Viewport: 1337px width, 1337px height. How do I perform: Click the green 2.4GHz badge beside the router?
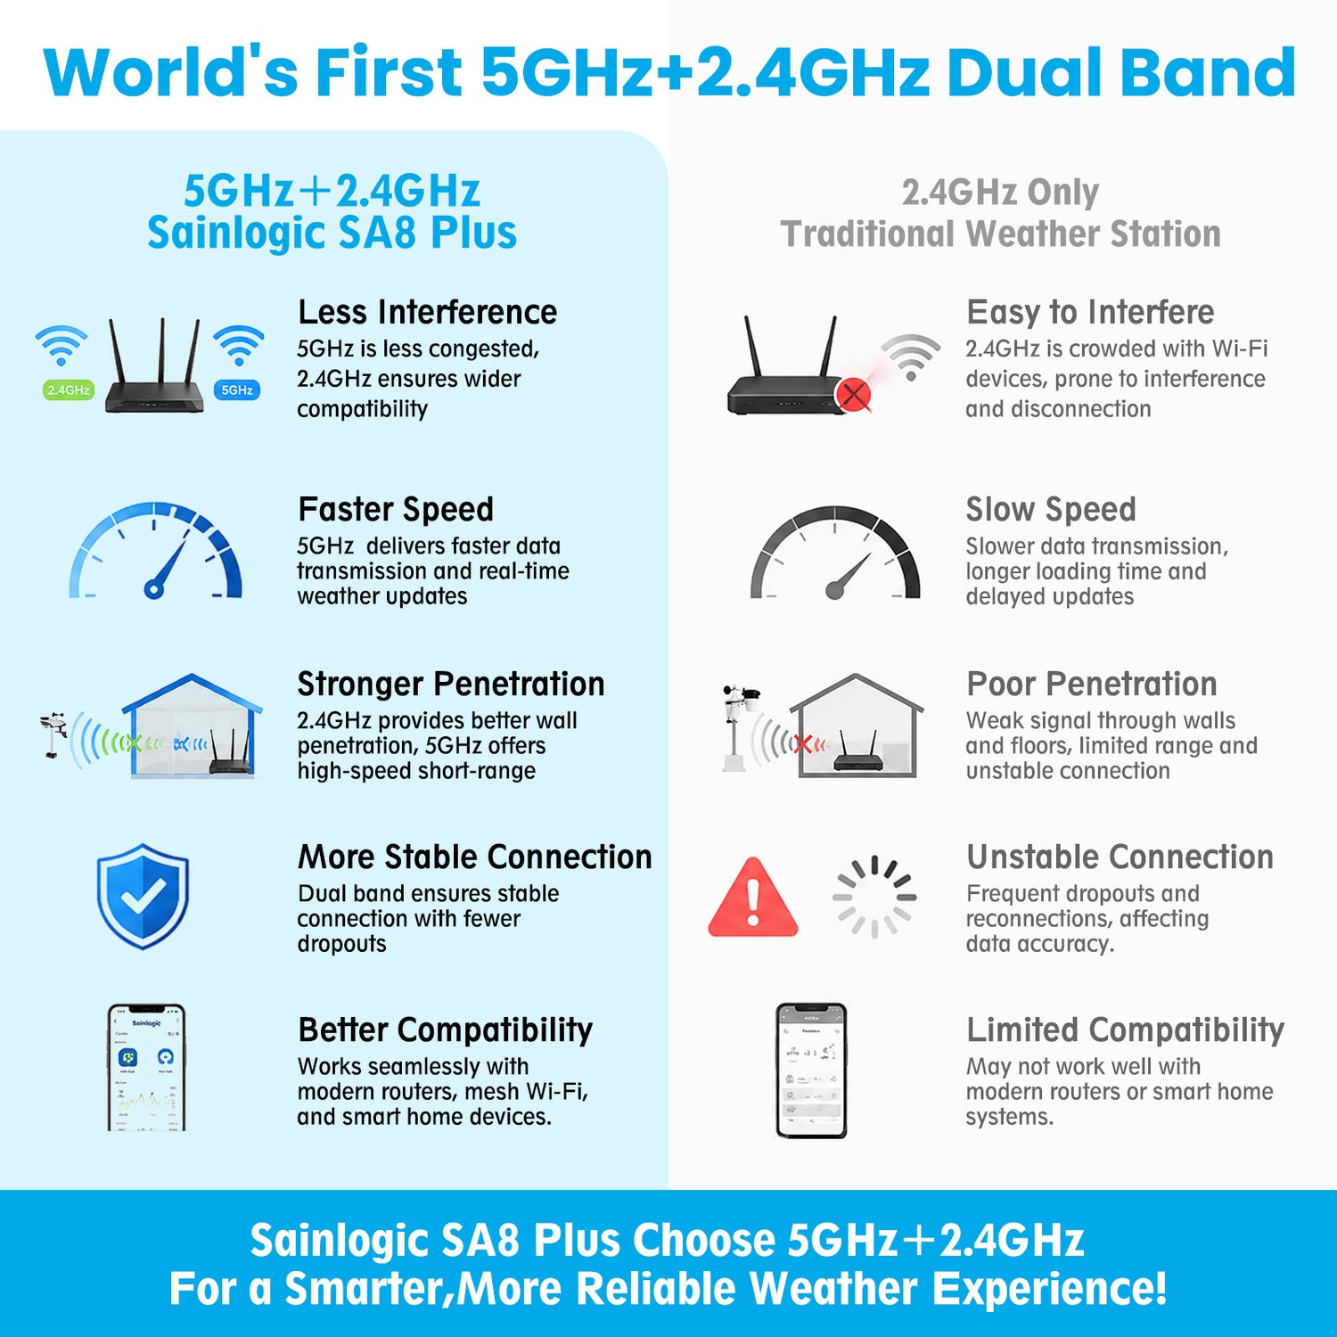click(68, 390)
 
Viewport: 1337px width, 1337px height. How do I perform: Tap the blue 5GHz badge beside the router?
click(237, 390)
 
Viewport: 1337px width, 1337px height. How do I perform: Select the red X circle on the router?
click(854, 394)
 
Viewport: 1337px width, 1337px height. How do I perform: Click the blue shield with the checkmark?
click(143, 896)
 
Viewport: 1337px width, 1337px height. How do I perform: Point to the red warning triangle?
click(753, 898)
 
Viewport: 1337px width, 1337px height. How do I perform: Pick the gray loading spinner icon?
click(874, 897)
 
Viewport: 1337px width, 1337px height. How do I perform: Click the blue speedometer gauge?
click(156, 550)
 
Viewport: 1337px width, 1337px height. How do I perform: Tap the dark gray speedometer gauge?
click(835, 552)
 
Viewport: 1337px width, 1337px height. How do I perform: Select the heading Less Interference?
click(428, 312)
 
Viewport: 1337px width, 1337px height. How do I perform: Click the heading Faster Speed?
click(396, 509)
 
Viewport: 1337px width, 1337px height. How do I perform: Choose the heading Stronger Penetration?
click(451, 684)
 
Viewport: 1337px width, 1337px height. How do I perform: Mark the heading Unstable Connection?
click(1120, 857)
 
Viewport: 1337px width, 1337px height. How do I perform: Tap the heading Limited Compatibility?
click(1126, 1030)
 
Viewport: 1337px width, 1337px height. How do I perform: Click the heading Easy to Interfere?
click(1091, 312)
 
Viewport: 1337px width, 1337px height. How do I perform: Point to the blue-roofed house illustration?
click(192, 726)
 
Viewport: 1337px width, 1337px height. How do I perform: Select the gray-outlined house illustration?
click(857, 726)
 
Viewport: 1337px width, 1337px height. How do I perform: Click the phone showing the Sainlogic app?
click(146, 1067)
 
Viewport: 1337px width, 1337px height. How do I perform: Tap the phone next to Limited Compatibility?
click(811, 1070)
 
